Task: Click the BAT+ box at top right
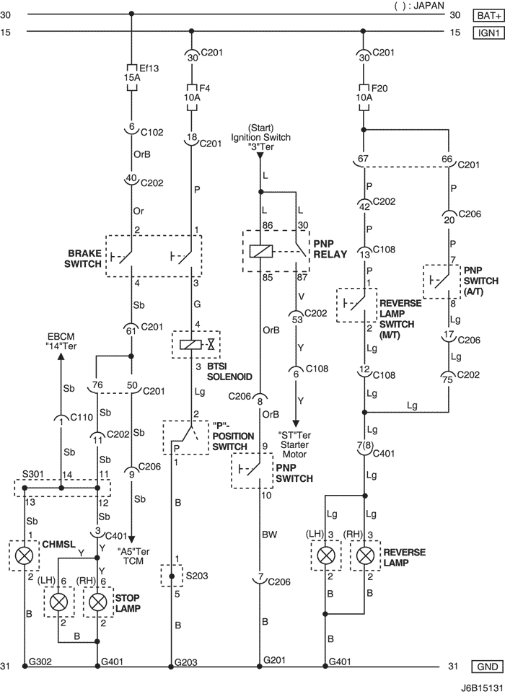tap(488, 15)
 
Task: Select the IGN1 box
tap(488, 32)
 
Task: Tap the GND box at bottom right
tap(488, 666)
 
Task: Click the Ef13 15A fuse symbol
tap(132, 77)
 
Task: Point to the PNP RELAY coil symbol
tap(260, 251)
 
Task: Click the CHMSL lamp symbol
tap(24, 555)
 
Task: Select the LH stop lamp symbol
tap(58, 602)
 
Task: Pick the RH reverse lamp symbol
tap(365, 555)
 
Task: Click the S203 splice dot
tap(172, 576)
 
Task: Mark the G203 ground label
tap(186, 662)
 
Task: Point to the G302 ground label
tap(40, 662)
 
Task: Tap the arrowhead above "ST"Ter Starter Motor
tap(296, 423)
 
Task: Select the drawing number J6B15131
tap(481, 688)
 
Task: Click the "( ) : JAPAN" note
tap(419, 5)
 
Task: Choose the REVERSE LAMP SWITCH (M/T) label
tap(400, 319)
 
